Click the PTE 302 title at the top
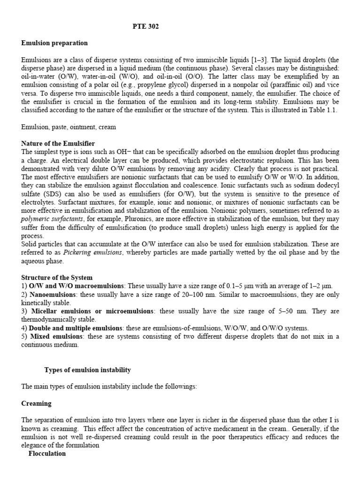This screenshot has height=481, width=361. tap(146, 27)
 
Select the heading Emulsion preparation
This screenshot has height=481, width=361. tap(55, 43)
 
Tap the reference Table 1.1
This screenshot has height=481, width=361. tap(322, 110)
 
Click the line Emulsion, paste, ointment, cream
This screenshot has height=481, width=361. tap(69, 127)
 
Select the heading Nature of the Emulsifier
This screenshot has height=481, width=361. tap(58, 143)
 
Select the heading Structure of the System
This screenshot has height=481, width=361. tap(57, 278)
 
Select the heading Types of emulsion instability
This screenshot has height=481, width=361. tap(87, 370)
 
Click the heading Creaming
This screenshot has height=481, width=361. tap(37, 403)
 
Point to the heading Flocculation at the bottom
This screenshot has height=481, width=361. tap(47, 454)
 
